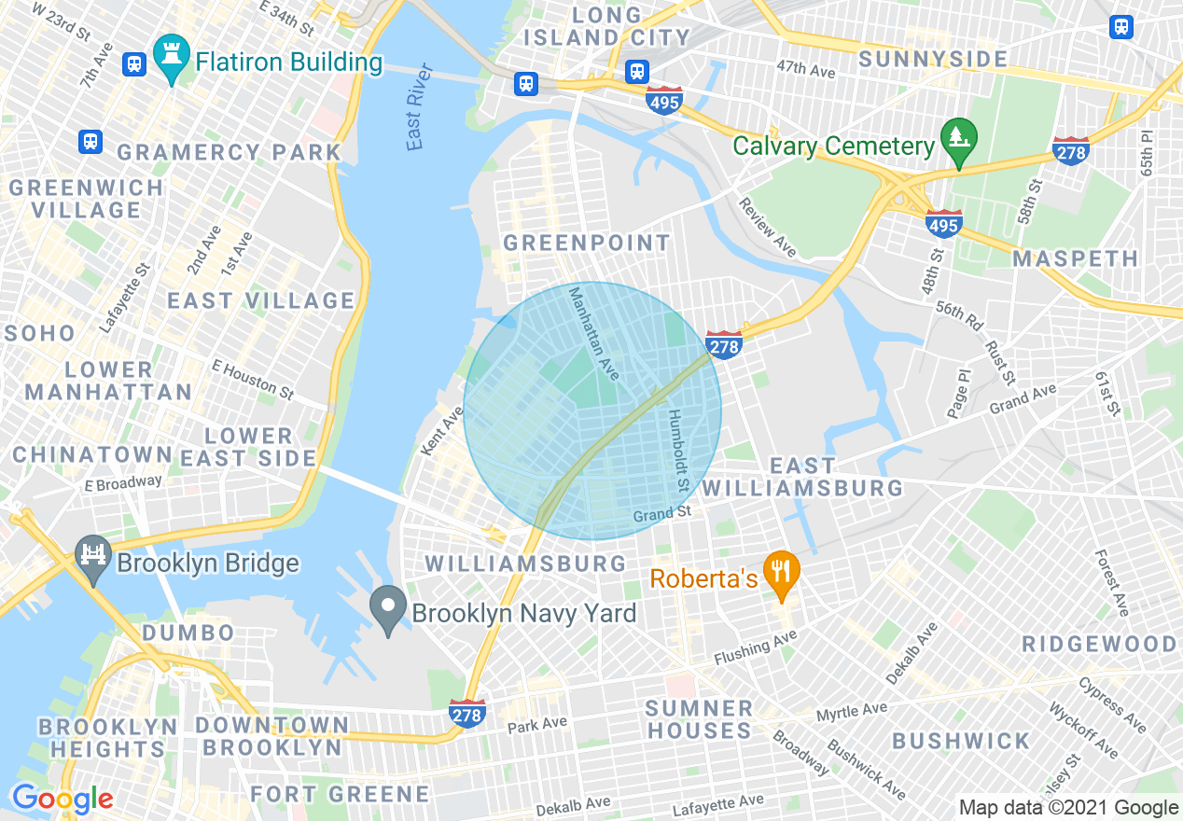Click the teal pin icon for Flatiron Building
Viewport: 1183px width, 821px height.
[x=172, y=57]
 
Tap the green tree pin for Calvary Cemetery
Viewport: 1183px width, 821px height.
[x=958, y=140]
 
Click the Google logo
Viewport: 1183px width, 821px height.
[x=62, y=799]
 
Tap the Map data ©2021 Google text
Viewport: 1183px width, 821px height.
[x=1069, y=808]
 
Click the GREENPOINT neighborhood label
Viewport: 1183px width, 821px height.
[x=586, y=244]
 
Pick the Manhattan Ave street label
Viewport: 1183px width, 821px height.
[x=593, y=333]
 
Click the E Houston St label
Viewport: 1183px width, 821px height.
[x=253, y=376]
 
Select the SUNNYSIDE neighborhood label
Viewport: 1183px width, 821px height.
[x=933, y=60]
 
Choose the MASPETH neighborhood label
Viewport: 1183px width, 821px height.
[x=1076, y=258]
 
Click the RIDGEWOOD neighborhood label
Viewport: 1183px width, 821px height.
[x=1099, y=644]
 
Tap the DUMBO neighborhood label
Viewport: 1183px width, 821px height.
[x=188, y=633]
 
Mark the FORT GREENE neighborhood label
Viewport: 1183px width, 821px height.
[x=340, y=794]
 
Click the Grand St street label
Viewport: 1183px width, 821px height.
[x=662, y=513]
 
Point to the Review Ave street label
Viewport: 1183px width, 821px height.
[x=768, y=227]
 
